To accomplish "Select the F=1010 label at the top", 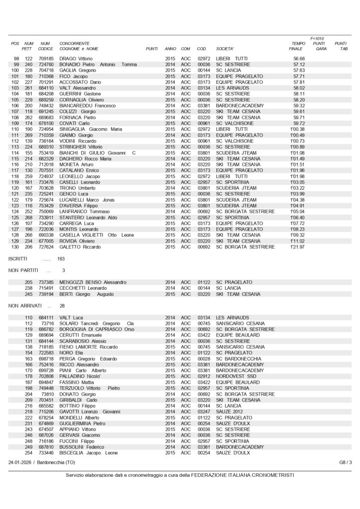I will pyautogui.click(x=317, y=38).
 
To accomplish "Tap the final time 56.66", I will pyautogui.click(x=299, y=59).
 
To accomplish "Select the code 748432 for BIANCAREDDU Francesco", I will pyautogui.click(x=46, y=105).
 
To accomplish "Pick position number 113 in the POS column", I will pyautogui.click(x=15, y=147).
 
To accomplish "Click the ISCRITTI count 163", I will pyautogui.click(x=61, y=258).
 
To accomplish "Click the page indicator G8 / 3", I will pyautogui.click(x=346, y=462).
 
